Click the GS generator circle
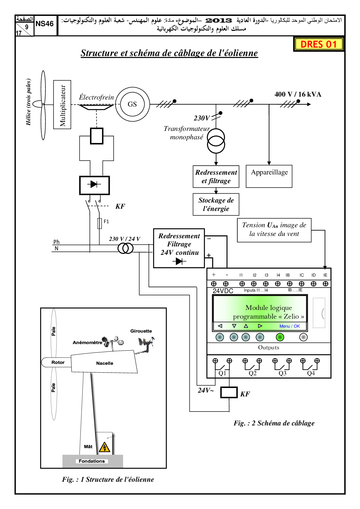point(132,104)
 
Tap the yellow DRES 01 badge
point(318,44)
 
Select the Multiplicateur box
point(62,105)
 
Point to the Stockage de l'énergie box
point(216,204)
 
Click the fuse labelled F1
point(100,223)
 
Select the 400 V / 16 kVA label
point(298,94)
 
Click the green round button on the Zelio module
point(280,337)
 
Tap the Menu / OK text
point(289,326)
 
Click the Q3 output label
point(282,373)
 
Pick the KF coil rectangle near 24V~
point(229,393)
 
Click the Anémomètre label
point(87,342)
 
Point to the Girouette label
point(141,331)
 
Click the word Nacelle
point(105,363)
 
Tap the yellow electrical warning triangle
point(105,447)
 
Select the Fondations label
point(92,461)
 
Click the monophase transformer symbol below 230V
point(216,141)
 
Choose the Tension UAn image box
point(274,230)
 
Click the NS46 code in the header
point(44,24)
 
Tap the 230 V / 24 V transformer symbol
point(125,248)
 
